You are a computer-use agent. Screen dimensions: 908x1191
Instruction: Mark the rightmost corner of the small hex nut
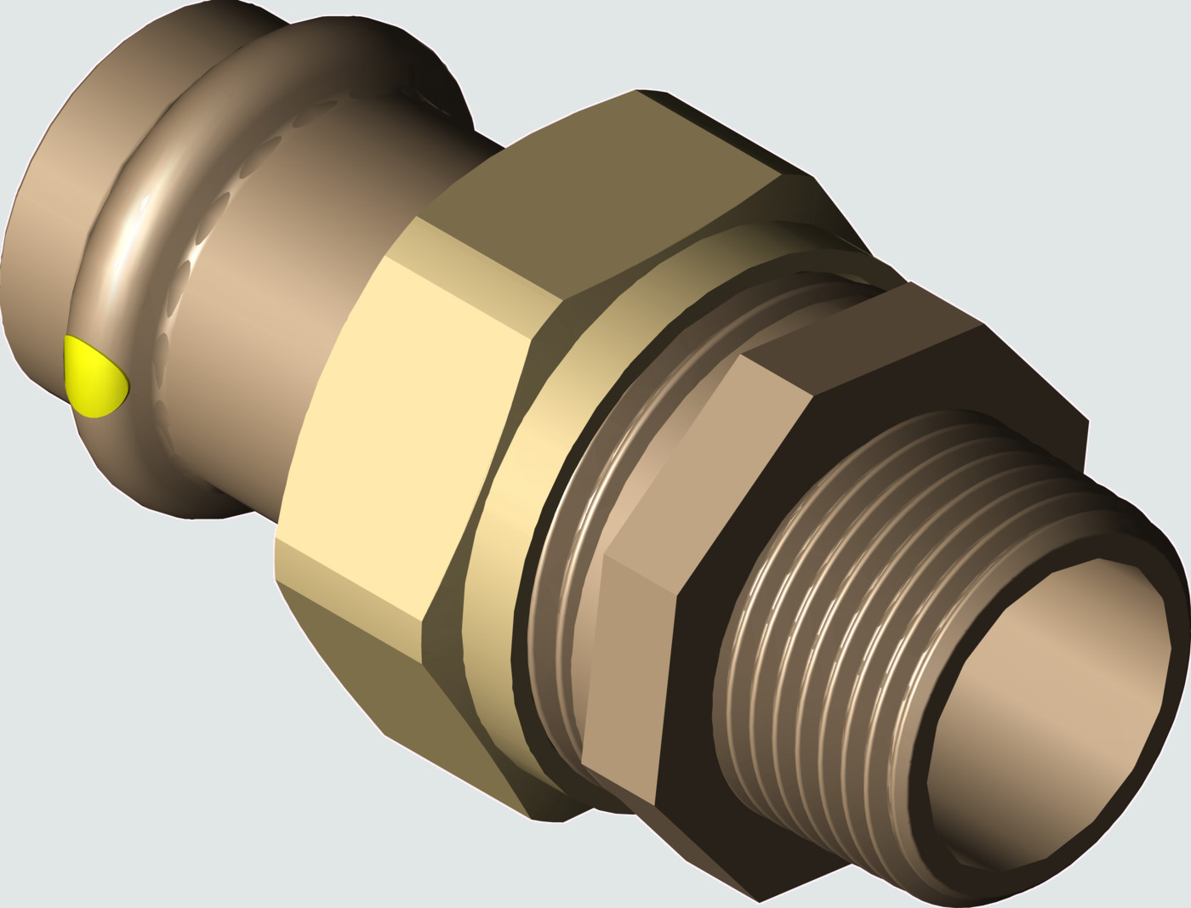point(1087,421)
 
